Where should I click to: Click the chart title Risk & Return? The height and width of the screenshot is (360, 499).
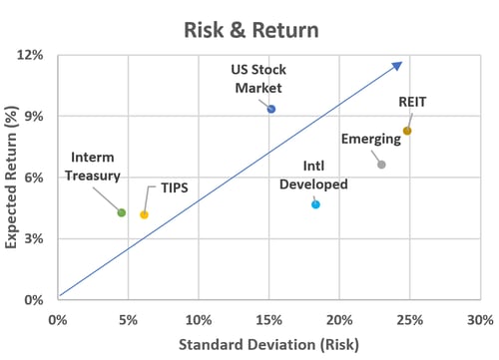pos(250,29)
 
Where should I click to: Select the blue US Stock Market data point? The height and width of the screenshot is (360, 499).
pos(270,109)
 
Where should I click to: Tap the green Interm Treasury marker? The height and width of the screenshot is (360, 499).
pos(122,212)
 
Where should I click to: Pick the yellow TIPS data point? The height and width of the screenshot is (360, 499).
pos(144,214)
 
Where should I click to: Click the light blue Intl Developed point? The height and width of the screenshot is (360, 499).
pos(315,204)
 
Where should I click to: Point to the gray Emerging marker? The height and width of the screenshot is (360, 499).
pos(381,165)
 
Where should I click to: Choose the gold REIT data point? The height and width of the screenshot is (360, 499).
pos(407,131)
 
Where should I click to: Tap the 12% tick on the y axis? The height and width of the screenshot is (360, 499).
pos(30,54)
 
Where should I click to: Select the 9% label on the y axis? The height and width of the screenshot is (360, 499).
pos(33,116)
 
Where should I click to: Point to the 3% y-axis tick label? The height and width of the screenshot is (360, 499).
pos(33,238)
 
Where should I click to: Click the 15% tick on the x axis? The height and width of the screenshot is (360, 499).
pos(269,320)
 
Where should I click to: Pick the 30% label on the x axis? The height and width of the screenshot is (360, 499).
pos(480,320)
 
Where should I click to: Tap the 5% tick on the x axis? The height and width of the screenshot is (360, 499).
pos(129,320)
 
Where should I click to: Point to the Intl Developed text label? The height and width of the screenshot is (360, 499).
pos(312,175)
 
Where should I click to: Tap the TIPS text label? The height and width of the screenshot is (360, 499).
pos(175,187)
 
